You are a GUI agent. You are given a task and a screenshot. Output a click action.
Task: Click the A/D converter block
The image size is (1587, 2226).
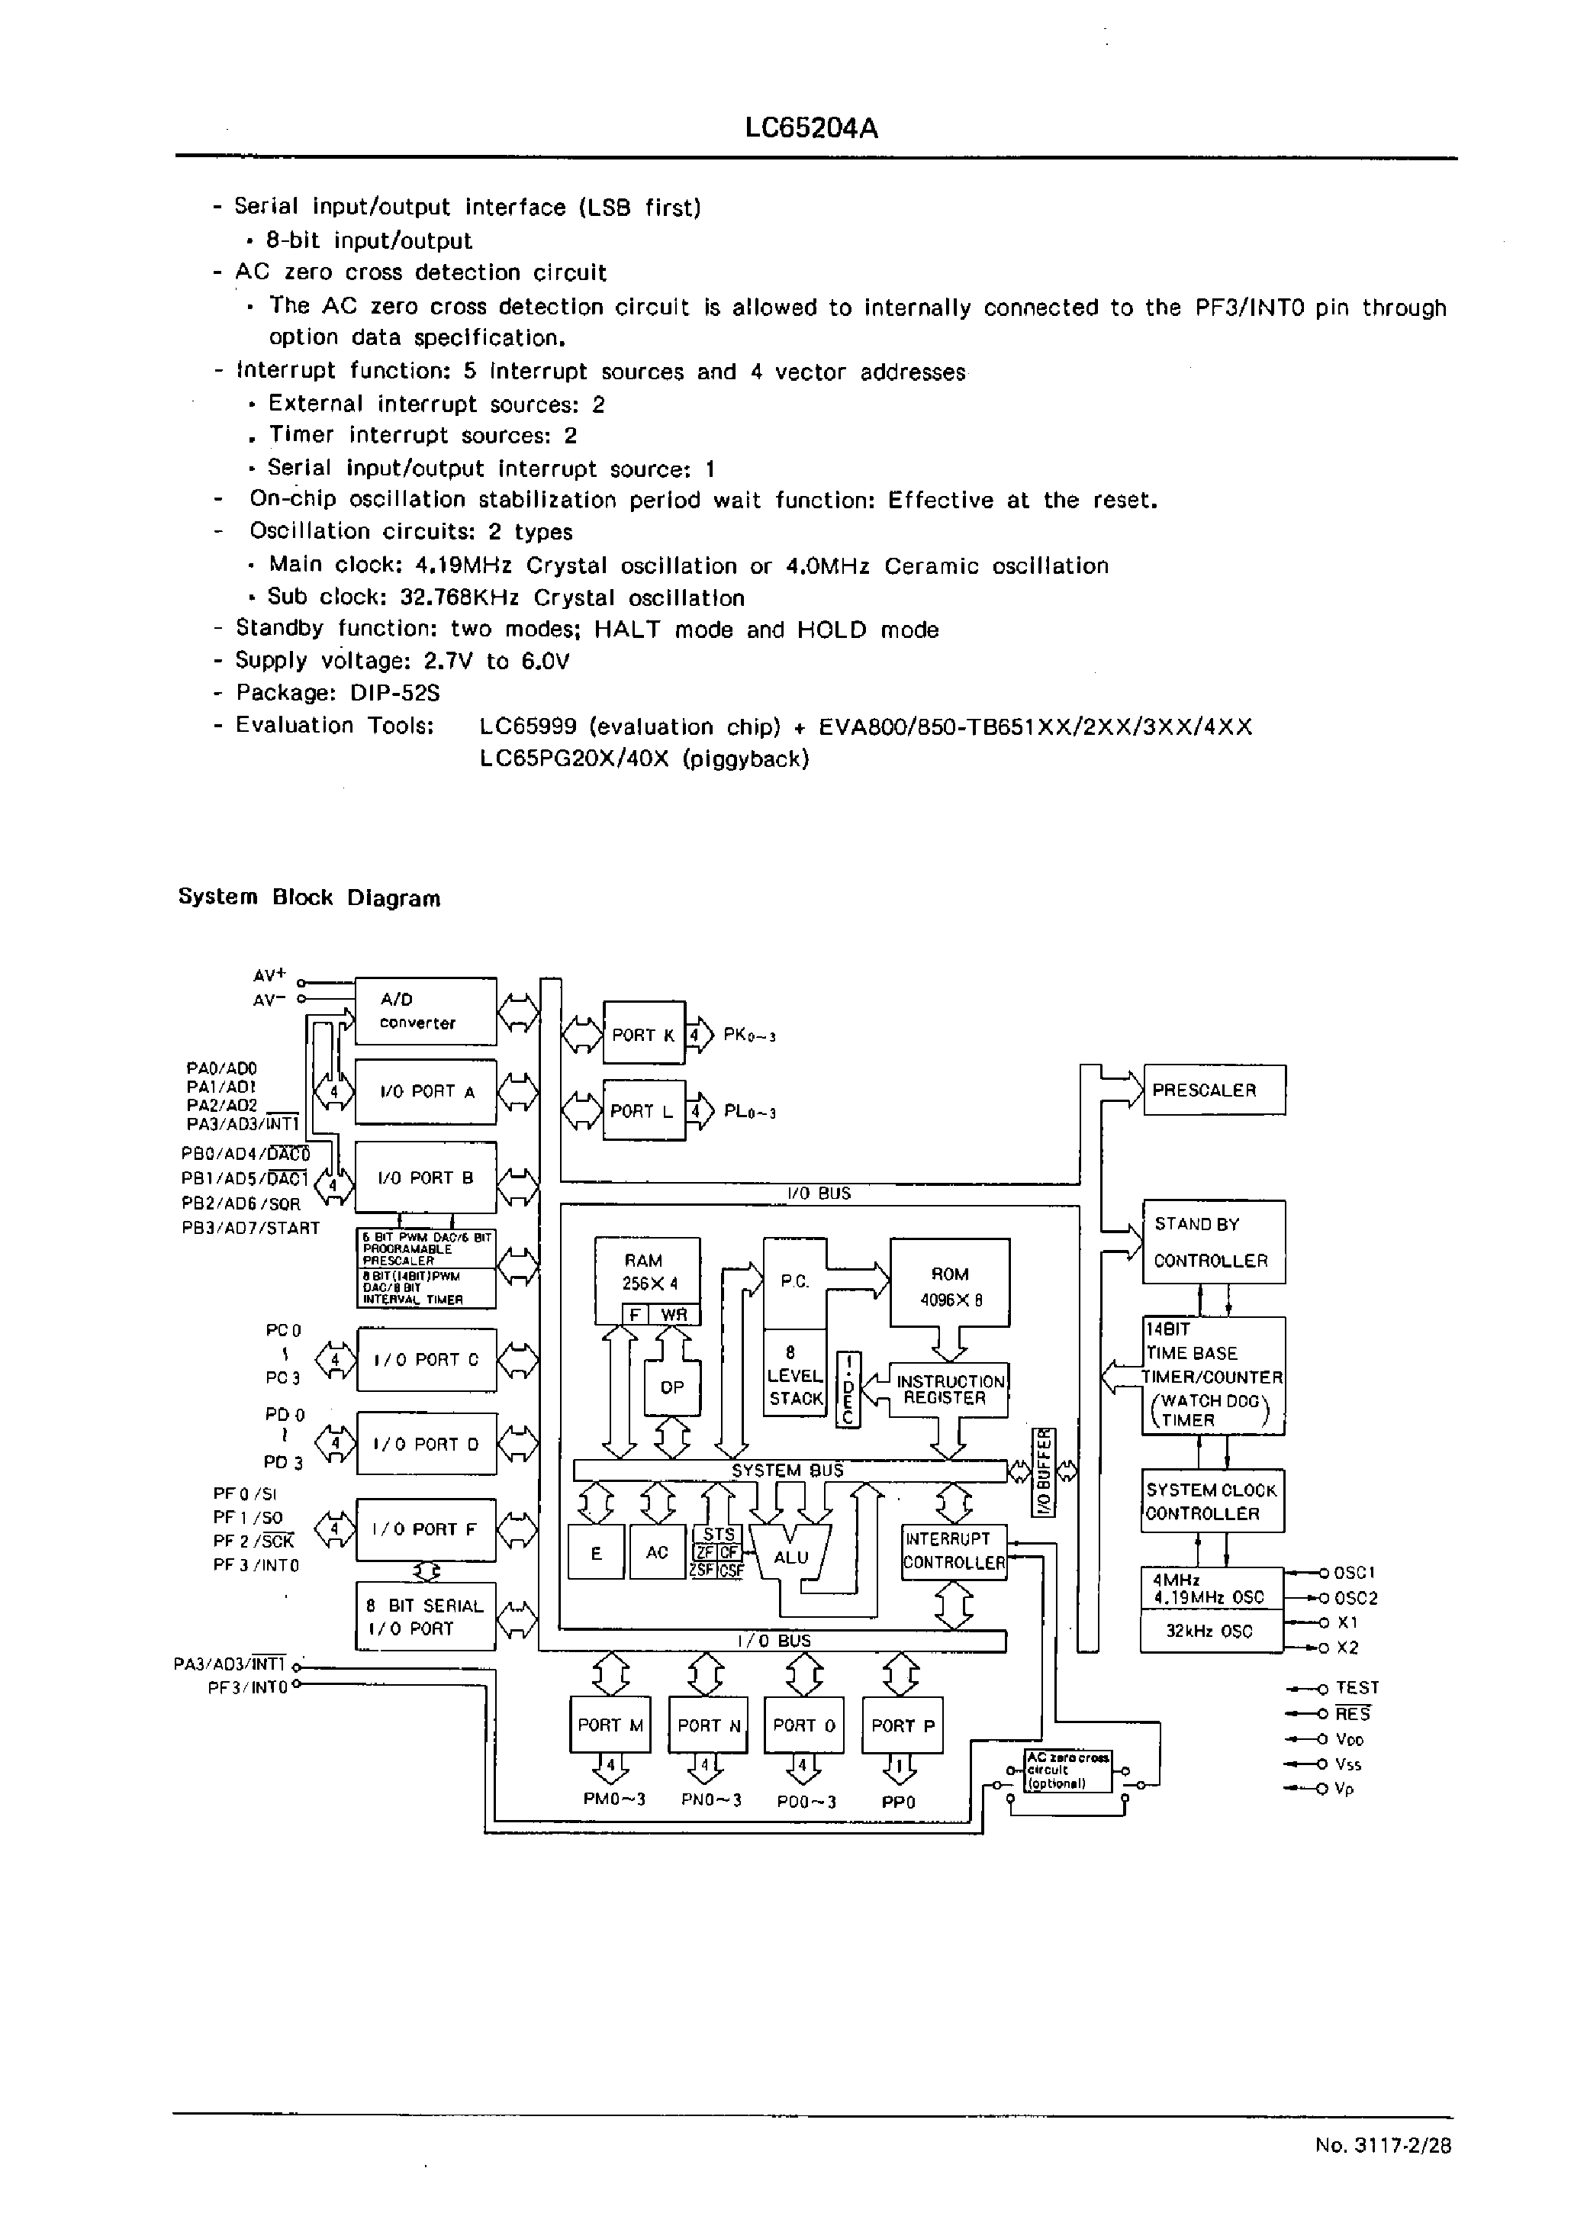pyautogui.click(x=425, y=1011)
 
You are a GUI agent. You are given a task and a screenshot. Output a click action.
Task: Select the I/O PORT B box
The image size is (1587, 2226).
pyautogui.click(x=425, y=1178)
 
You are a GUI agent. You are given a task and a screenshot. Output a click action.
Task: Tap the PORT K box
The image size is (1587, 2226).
pyautogui.click(x=643, y=1035)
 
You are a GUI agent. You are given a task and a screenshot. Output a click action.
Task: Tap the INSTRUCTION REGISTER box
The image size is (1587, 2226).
pyautogui.click(x=948, y=1390)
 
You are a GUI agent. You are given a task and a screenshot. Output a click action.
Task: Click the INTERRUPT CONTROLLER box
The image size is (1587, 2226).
pyautogui.click(x=953, y=1551)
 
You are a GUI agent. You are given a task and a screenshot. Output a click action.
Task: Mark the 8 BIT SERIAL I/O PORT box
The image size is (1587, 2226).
pyautogui.click(x=425, y=1617)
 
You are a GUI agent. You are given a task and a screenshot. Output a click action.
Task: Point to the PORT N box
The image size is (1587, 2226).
pyautogui.click(x=707, y=1725)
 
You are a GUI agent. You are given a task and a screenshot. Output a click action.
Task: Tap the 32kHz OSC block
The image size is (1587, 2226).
pyautogui.click(x=1210, y=1632)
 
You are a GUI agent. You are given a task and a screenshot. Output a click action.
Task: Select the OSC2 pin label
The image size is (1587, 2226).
pyautogui.click(x=1355, y=1599)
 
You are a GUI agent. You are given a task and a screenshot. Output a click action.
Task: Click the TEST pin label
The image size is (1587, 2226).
pyautogui.click(x=1357, y=1687)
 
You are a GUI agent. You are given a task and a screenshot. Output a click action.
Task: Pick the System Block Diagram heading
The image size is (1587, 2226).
pyautogui.click(x=309, y=898)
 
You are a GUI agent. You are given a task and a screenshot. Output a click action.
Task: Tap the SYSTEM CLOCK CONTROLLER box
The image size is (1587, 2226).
pyautogui.click(x=1212, y=1502)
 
